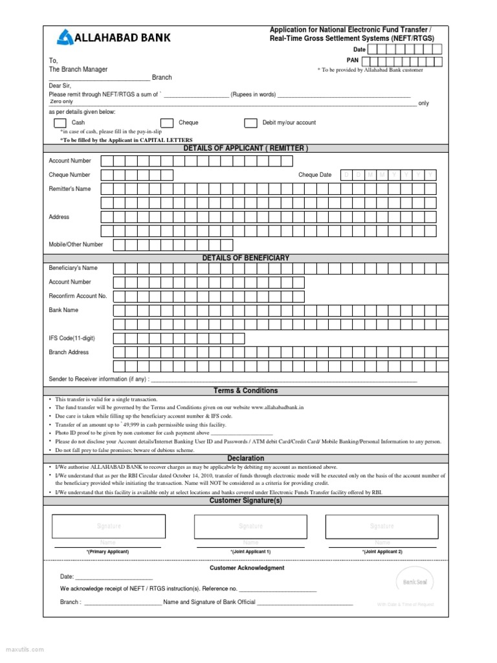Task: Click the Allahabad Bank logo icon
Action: (x=65, y=38)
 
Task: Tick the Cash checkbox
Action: (x=60, y=123)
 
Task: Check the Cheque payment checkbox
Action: (x=167, y=123)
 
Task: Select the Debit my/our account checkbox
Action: (x=250, y=123)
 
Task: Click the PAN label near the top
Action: (x=352, y=60)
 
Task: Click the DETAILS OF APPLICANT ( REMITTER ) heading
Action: (x=245, y=148)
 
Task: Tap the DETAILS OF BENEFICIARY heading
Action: (x=245, y=258)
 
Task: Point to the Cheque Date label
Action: (x=315, y=175)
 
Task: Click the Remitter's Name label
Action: (x=70, y=189)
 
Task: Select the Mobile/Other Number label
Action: (x=76, y=245)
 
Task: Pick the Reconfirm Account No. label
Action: (x=78, y=296)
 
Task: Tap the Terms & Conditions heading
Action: (x=245, y=390)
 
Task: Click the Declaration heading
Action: (x=245, y=458)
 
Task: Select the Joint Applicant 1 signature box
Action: (x=250, y=526)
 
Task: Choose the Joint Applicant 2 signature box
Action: (x=381, y=526)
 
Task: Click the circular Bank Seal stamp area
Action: (x=415, y=581)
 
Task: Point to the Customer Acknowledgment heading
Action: (x=247, y=568)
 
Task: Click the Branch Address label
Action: (x=69, y=352)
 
